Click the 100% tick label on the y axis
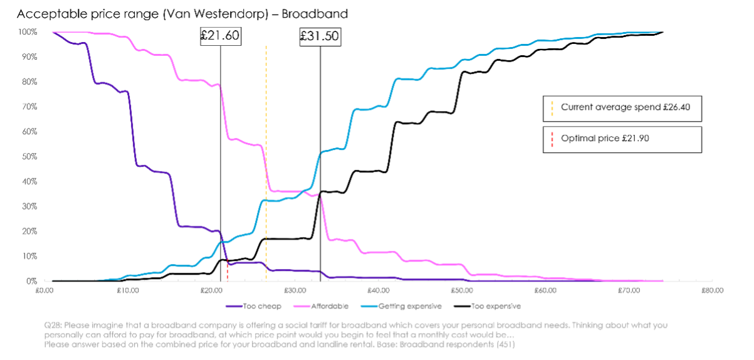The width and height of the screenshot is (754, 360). (x=28, y=32)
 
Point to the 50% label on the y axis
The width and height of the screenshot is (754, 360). (x=29, y=157)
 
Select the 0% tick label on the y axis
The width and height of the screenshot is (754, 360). (x=31, y=282)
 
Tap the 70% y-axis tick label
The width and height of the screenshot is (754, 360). (x=29, y=107)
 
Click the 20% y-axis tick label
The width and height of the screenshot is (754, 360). (x=29, y=231)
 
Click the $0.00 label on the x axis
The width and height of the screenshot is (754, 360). (x=44, y=290)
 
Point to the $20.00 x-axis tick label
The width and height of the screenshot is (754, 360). (x=211, y=290)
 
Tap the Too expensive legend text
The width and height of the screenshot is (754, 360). (x=496, y=307)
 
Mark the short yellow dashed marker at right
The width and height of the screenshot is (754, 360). (x=552, y=109)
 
